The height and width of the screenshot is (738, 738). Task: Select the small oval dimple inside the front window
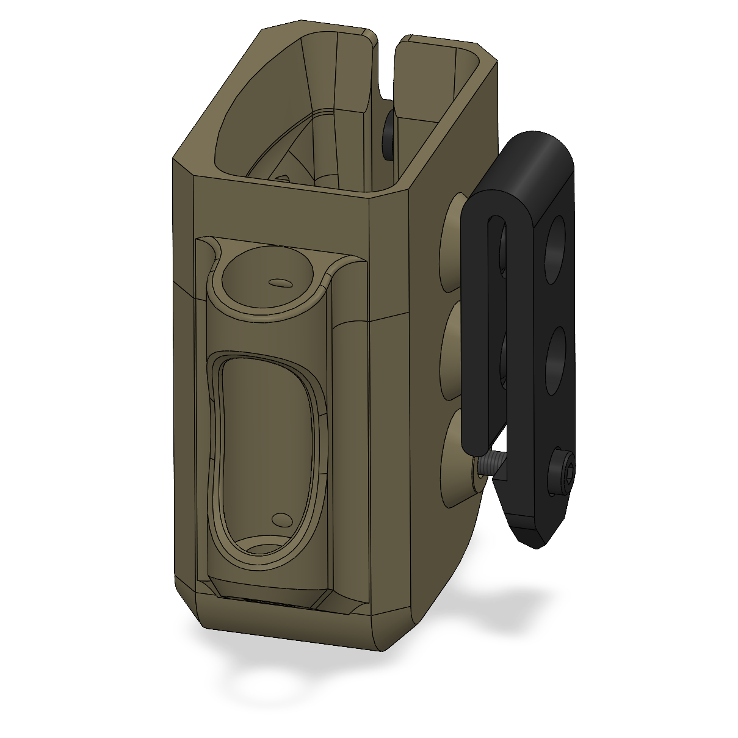pyautogui.click(x=281, y=519)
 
